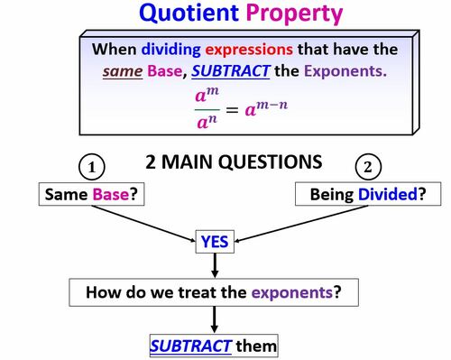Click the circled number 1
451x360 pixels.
(93, 167)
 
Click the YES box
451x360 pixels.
(216, 241)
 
